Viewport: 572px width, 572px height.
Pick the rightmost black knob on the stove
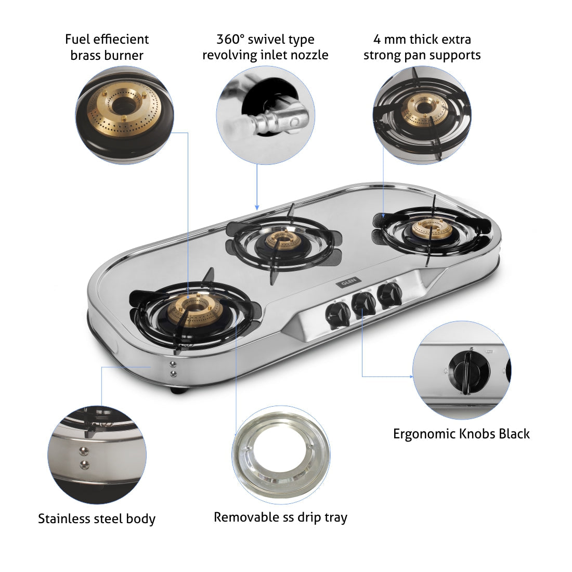point(388,294)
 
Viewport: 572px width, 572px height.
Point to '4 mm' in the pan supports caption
point(389,39)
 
